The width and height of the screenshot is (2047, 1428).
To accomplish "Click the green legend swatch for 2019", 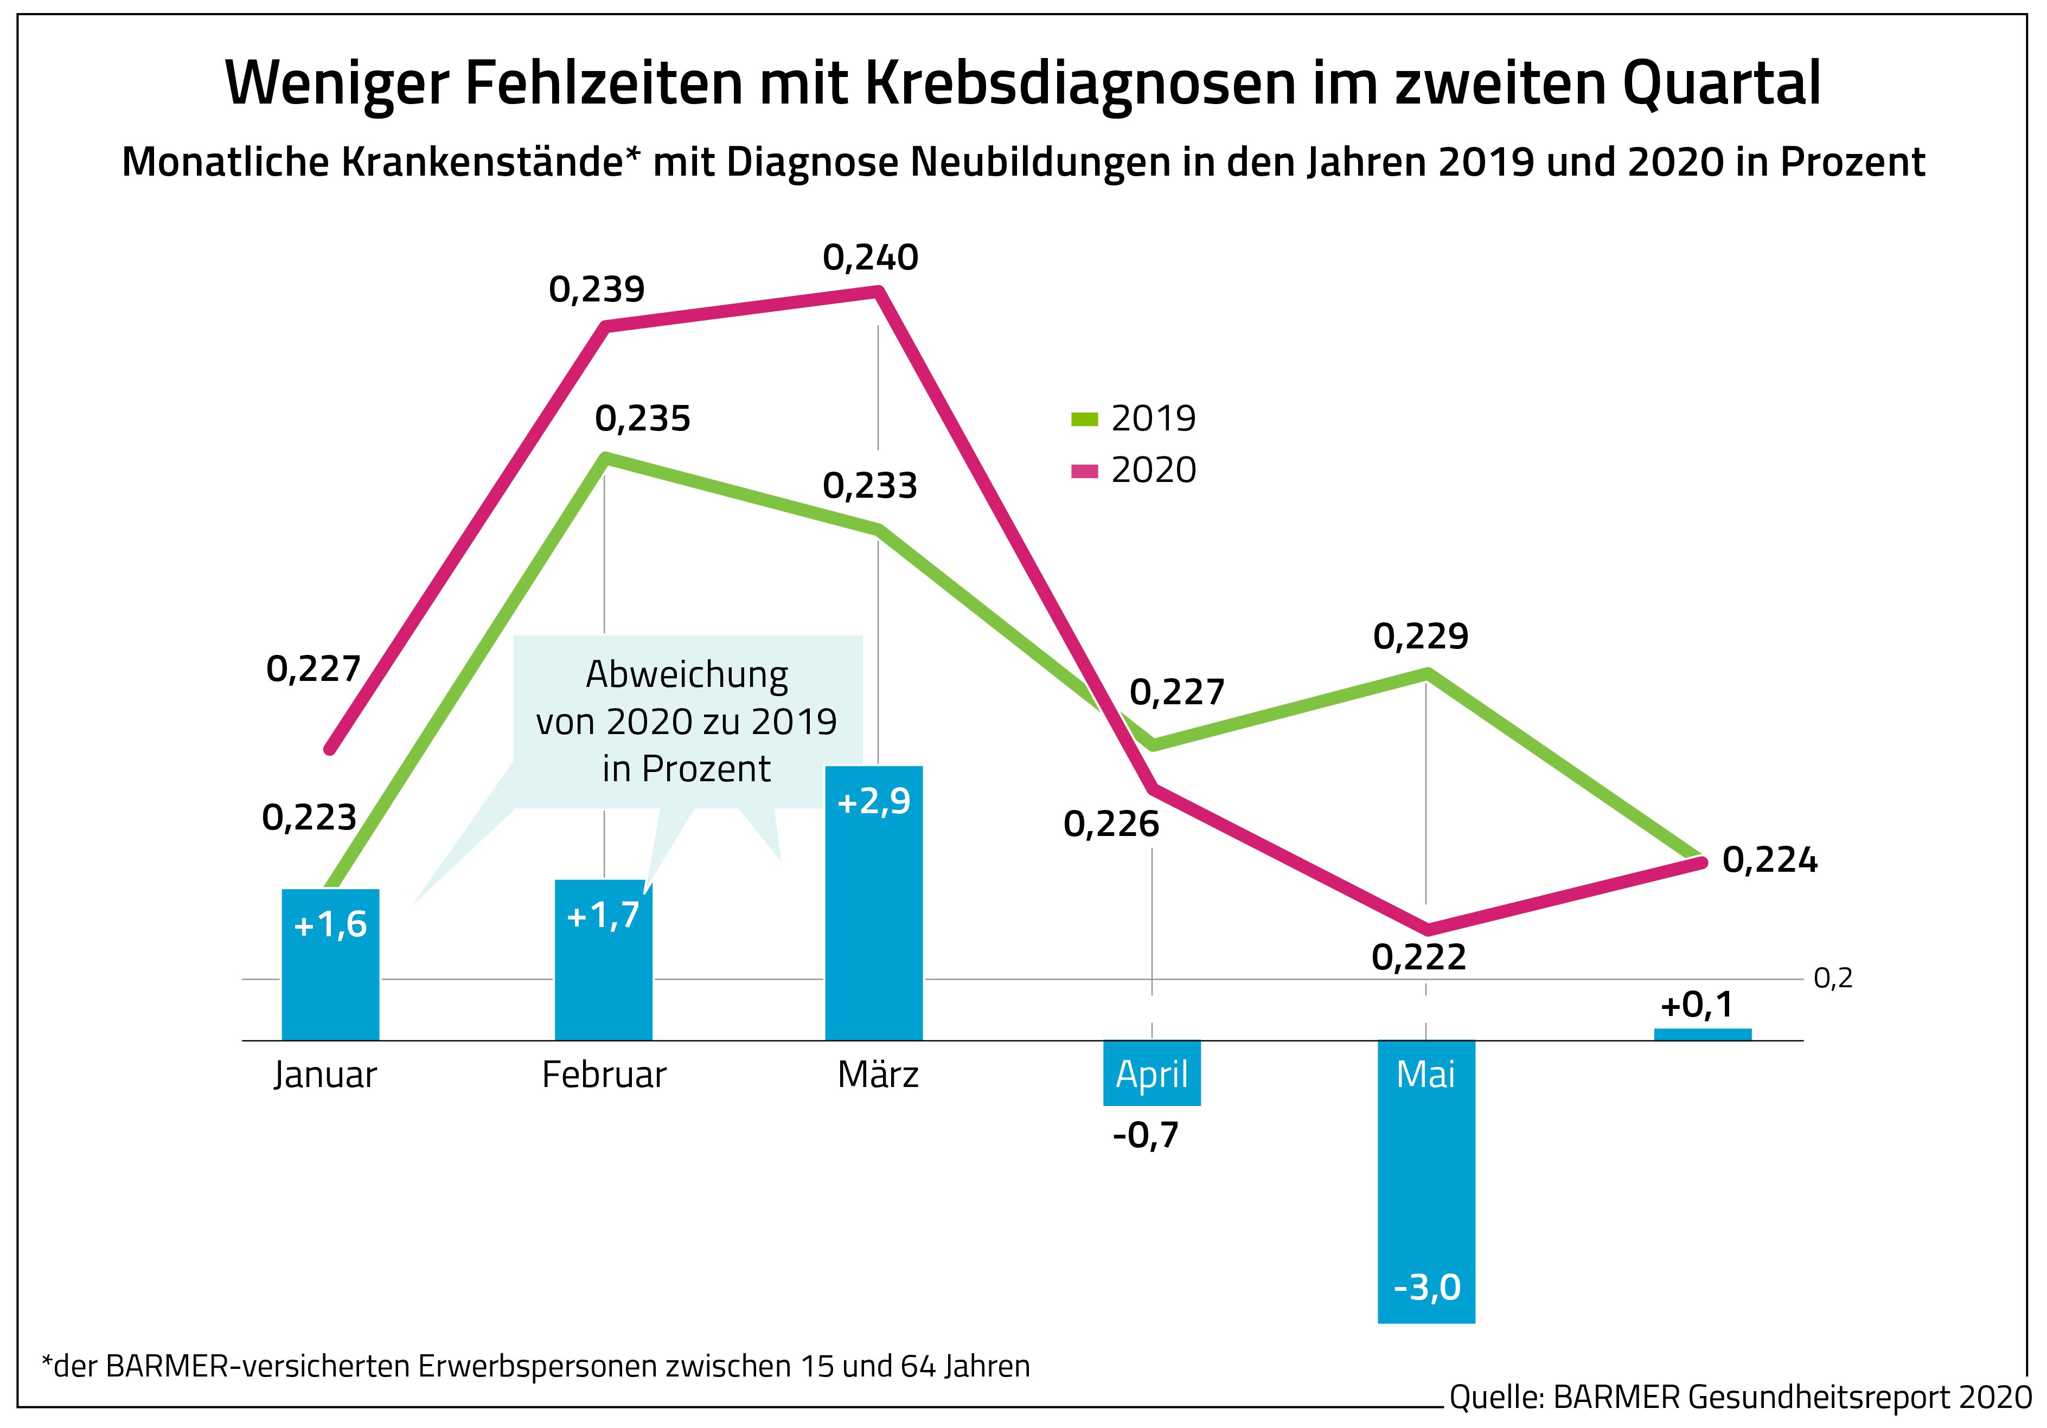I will [1084, 418].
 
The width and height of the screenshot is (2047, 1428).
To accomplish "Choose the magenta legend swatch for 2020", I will [1084, 471].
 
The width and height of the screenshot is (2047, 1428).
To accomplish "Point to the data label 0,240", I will [870, 258].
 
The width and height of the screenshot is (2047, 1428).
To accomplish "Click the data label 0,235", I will [643, 419].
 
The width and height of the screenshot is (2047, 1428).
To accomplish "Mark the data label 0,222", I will [1418, 957].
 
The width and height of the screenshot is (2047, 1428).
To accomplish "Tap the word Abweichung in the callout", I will [687, 675].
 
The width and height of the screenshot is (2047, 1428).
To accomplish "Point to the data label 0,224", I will [1770, 860].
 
